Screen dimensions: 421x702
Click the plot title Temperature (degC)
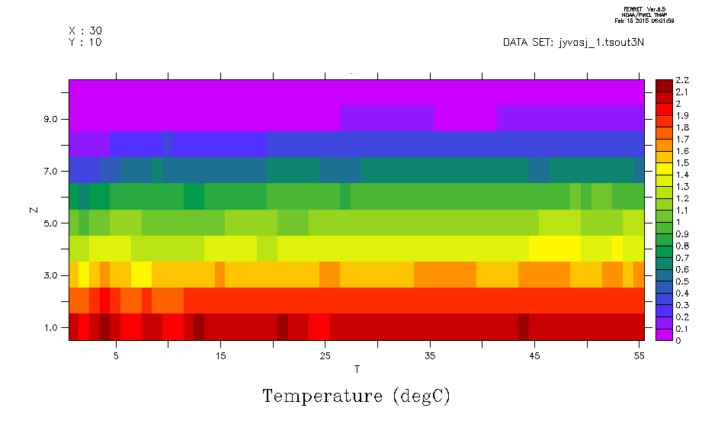click(x=356, y=396)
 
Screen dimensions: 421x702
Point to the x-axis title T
click(x=356, y=370)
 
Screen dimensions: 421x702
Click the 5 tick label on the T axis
click(x=116, y=355)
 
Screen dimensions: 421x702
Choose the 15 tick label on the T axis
click(x=220, y=355)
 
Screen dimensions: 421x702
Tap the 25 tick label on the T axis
click(x=325, y=355)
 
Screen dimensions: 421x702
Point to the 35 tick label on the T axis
click(x=430, y=355)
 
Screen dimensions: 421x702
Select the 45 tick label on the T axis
click(x=534, y=355)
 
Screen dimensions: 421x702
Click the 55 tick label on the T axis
click(x=639, y=355)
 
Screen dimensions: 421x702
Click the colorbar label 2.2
click(x=682, y=80)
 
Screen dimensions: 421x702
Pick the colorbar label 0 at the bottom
click(x=678, y=340)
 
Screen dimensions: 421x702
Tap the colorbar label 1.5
click(x=682, y=162)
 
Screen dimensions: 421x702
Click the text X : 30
click(x=85, y=31)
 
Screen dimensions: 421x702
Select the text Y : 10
click(x=85, y=42)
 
